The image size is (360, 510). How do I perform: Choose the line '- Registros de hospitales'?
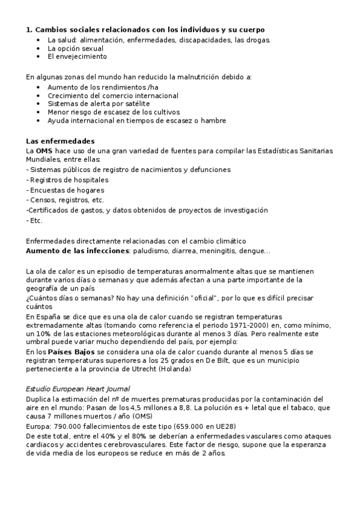pos(67,180)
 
